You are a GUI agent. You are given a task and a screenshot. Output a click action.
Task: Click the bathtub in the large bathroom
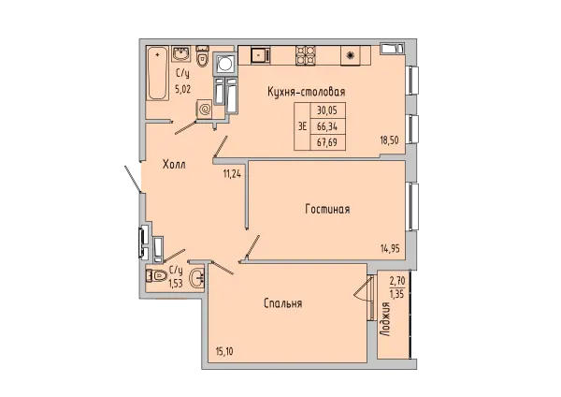pos(157,73)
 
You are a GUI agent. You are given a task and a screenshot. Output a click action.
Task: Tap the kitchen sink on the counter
pos(260,55)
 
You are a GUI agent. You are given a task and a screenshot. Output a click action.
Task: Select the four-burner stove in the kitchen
pos(305,55)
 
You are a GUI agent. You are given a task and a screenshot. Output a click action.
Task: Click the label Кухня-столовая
pos(307,92)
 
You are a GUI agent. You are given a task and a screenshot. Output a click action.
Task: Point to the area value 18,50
pos(389,140)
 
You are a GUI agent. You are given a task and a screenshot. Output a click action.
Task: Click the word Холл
pos(174,165)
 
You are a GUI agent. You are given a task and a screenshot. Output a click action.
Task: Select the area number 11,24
pos(232,174)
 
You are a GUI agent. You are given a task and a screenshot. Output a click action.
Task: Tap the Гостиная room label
pos(327,209)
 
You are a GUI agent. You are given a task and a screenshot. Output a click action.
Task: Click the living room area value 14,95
pos(390,248)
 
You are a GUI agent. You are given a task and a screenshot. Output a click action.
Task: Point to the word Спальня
pos(283,304)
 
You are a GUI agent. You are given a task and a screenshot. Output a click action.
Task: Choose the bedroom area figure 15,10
pos(224,352)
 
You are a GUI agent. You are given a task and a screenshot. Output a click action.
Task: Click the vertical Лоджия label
pos(385,319)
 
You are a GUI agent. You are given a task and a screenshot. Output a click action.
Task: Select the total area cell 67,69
pos(327,142)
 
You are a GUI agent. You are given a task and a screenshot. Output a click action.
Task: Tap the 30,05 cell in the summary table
pos(327,110)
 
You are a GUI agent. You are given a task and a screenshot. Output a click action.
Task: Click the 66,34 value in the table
pos(327,126)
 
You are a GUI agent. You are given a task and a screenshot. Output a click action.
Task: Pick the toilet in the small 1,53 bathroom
pos(156,276)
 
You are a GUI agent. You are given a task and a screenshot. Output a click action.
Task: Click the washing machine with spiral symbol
pos(205,110)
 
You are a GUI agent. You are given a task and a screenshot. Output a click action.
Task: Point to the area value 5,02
pos(183,89)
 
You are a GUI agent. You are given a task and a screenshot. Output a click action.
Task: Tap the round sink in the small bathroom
pos(196,278)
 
